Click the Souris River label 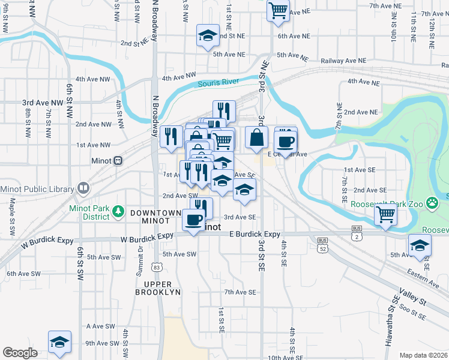pos(218,83)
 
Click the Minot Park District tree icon pos(118,211)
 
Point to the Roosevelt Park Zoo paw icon pos(431,203)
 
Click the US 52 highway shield pos(323,247)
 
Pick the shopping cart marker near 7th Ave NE pos(278,10)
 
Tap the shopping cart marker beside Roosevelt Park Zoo pos(385,214)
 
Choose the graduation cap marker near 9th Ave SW pos(59,341)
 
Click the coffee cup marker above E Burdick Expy pos(193,220)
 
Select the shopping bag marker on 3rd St pos(256,137)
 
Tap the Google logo pos(20,353)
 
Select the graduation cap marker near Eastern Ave pos(420,245)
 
